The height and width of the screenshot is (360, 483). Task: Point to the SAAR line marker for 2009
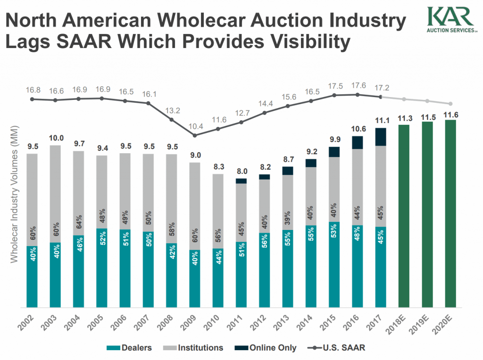click(195, 136)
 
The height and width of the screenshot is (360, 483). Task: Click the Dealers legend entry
click(130, 348)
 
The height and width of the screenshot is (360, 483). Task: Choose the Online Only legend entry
click(267, 348)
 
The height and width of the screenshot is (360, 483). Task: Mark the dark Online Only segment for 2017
click(381, 137)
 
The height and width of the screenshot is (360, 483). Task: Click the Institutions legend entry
click(194, 348)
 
